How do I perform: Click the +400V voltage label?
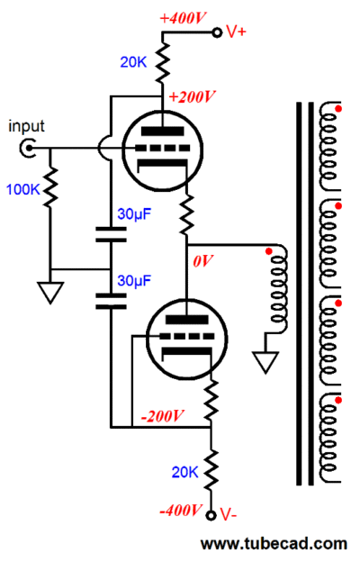point(183,18)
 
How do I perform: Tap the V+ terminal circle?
point(217,32)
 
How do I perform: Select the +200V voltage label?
point(192,96)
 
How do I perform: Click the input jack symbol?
point(28,148)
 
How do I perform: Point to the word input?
point(26,126)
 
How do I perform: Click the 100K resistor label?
point(22,189)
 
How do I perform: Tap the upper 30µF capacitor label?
point(134,214)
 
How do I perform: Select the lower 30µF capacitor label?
point(134,281)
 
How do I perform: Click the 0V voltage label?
point(203,261)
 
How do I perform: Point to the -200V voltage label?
point(162,416)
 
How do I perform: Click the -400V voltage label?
point(181,510)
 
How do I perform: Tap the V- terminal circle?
point(211,515)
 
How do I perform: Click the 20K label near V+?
point(133,62)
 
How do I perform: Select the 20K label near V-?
point(184,473)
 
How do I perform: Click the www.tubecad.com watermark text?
point(274,544)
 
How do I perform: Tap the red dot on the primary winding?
point(269,251)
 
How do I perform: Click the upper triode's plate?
point(162,131)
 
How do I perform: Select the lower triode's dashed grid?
point(186,337)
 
